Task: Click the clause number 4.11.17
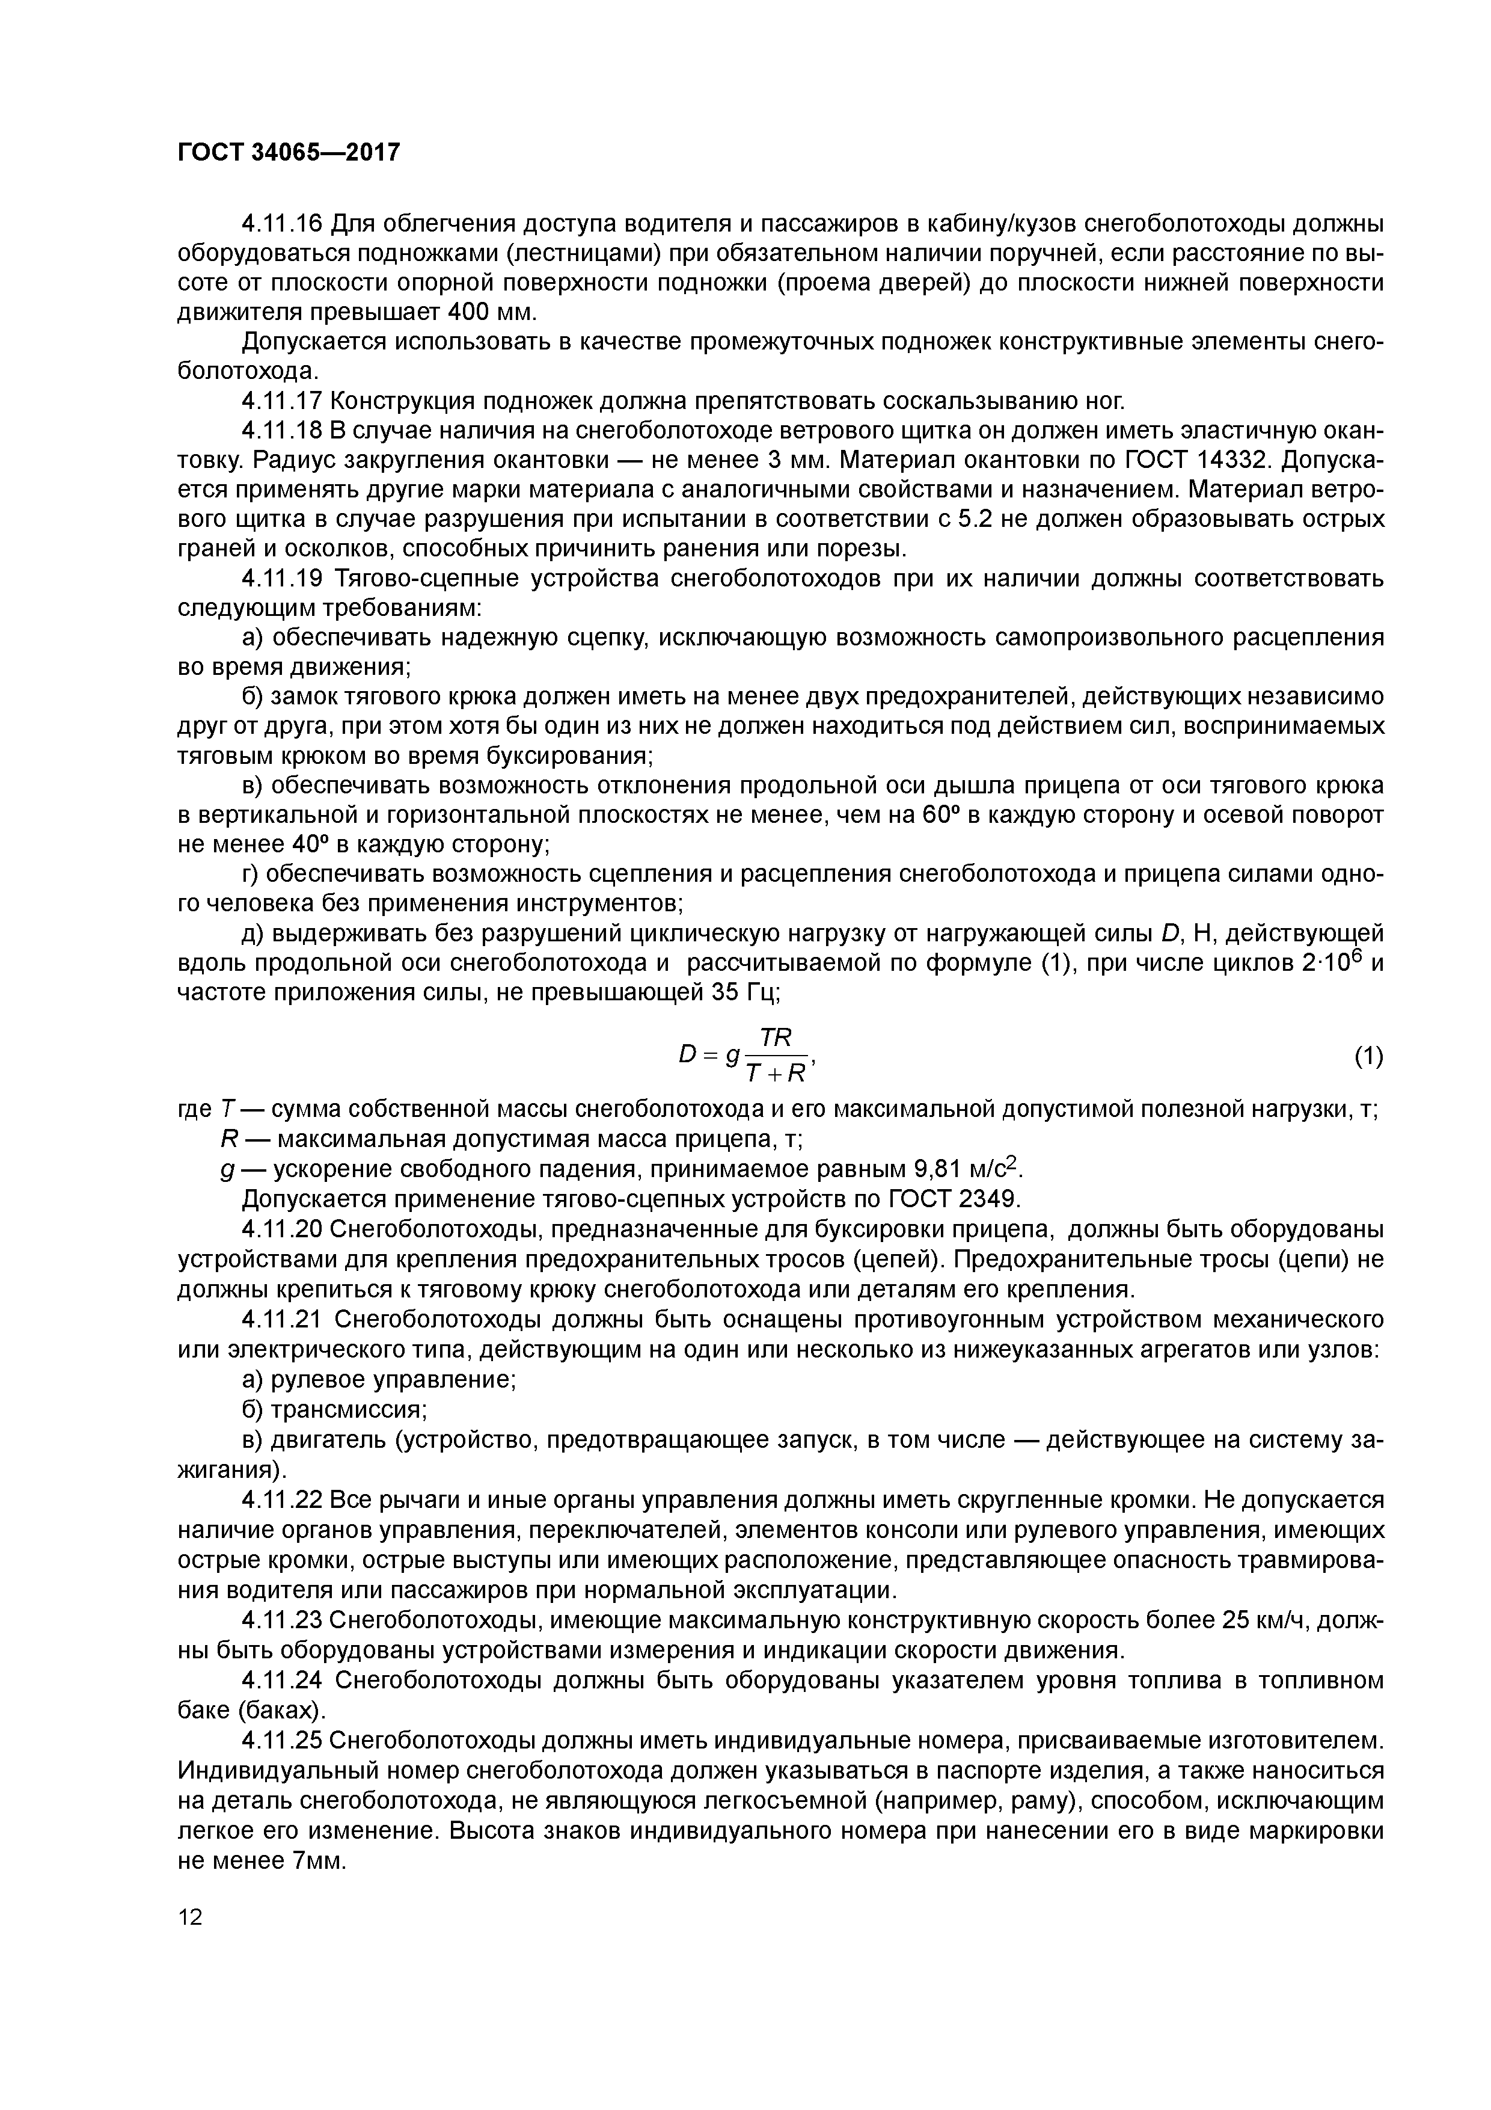[x=282, y=402]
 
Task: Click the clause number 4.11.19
[x=282, y=579]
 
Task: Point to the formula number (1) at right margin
[x=1368, y=1057]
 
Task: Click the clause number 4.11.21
[x=282, y=1320]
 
